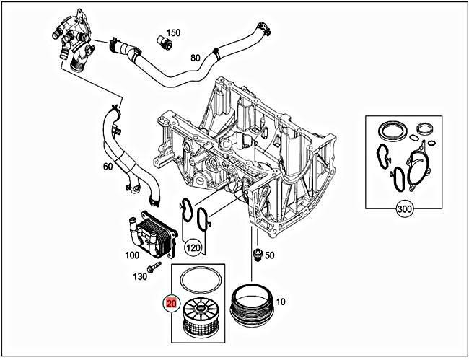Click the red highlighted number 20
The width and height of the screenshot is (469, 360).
[x=172, y=303]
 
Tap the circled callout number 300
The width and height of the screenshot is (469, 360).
[x=406, y=210]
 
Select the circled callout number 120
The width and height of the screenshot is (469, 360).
[x=193, y=249]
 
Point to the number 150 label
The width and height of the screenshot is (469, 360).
[x=173, y=33]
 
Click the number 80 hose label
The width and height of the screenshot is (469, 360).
[x=196, y=58]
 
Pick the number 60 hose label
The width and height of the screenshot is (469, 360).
[x=108, y=167]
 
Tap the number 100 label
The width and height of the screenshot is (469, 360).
[x=131, y=255]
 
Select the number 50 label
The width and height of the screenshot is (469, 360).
[x=269, y=255]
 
